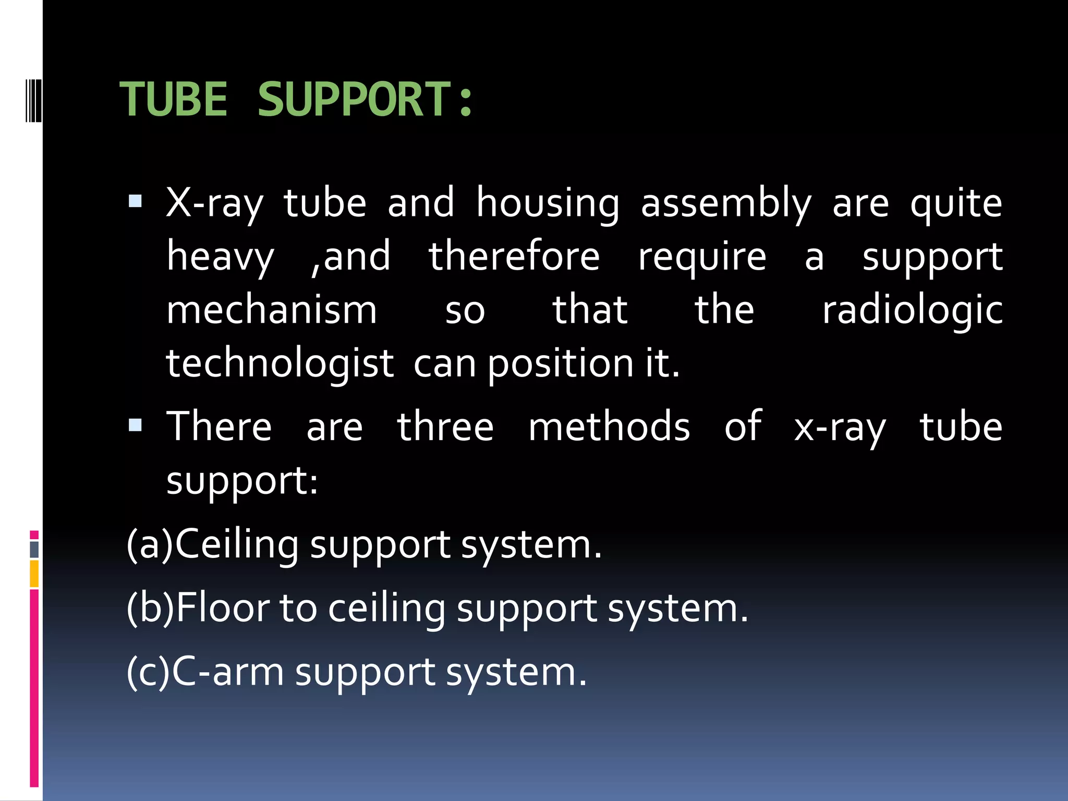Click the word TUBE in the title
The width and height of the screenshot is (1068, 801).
pos(174,99)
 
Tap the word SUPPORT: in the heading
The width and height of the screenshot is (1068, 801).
pos(365,99)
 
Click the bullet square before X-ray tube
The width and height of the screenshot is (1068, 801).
pos(135,201)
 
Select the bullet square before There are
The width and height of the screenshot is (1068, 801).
pos(135,425)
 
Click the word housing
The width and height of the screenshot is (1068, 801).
pos(548,203)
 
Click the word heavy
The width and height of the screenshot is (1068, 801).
pos(220,258)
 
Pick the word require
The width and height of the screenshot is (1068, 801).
pos(702,258)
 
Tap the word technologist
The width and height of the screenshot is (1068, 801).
pos(280,364)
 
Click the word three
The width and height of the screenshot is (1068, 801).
pos(445,427)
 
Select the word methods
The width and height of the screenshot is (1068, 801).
pos(609,427)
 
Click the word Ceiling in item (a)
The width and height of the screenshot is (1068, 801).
pos(237,544)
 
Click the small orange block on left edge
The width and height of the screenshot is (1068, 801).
pos(34,574)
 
